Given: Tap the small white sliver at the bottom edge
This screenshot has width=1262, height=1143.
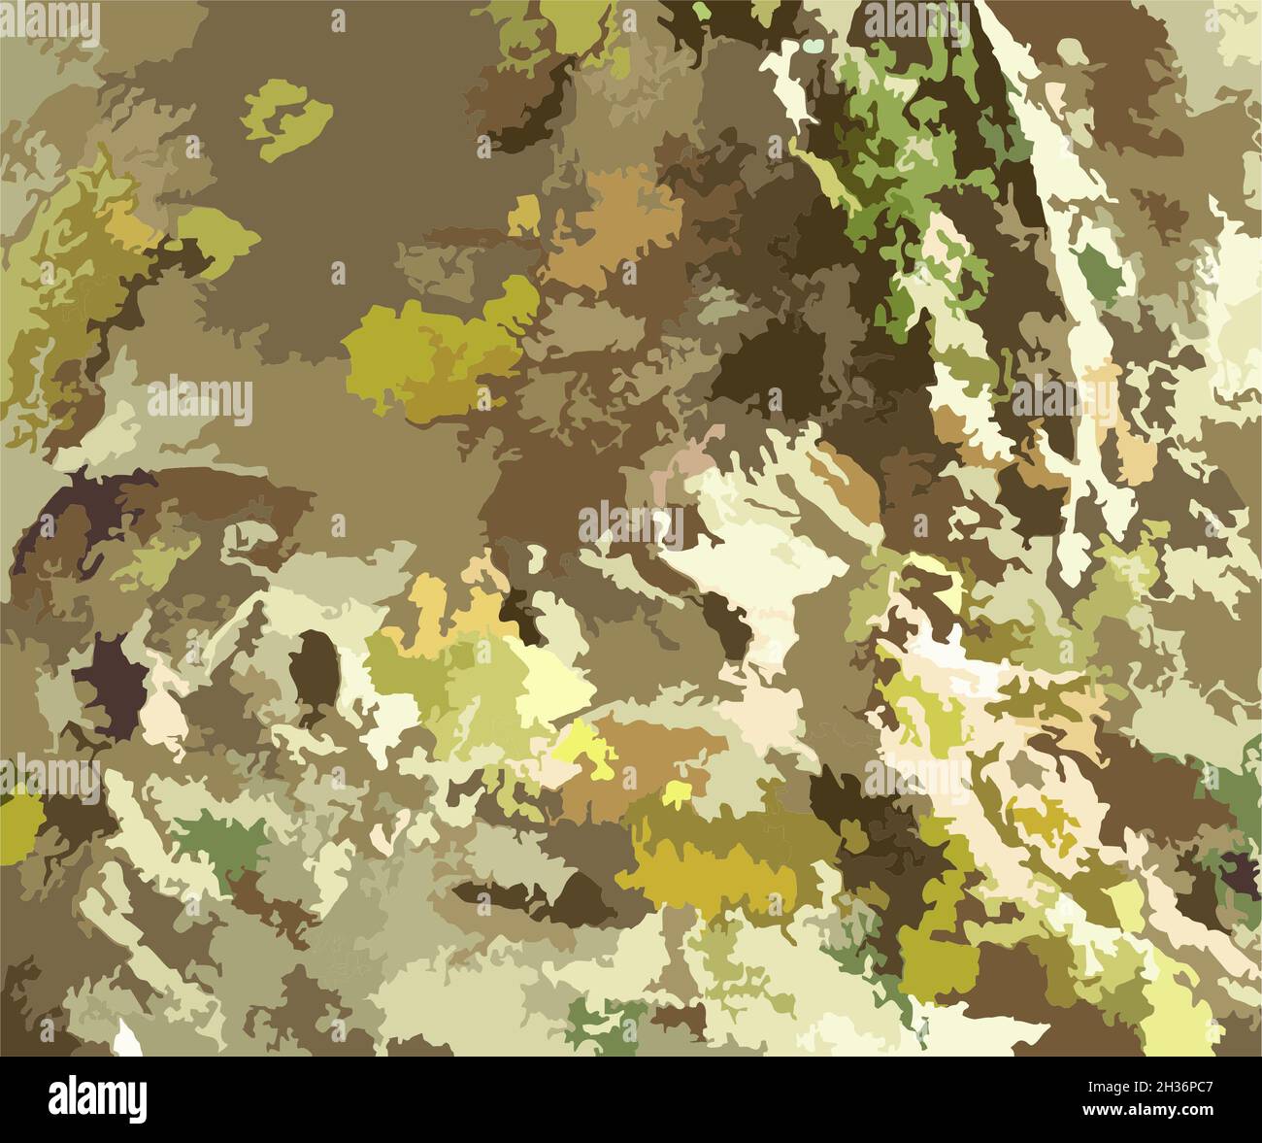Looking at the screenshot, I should [126, 1040].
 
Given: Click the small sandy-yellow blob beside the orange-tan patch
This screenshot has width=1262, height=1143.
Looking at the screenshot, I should [525, 214].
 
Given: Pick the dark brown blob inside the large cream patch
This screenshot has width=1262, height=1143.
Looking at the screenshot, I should [731, 622].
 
